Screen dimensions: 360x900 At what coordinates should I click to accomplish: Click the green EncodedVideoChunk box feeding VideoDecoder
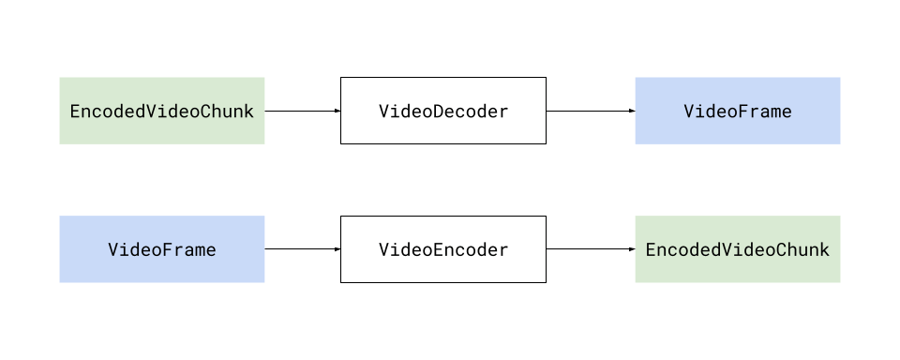pos(162,111)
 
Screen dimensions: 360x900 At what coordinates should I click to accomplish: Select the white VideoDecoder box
pos(442,111)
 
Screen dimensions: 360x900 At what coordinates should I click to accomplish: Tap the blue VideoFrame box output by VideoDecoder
pos(737,111)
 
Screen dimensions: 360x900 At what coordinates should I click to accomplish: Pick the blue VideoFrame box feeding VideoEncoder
pos(162,249)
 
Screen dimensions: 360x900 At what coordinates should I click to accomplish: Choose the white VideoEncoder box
pos(442,249)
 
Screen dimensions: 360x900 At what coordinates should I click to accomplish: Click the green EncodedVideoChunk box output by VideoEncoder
pos(737,249)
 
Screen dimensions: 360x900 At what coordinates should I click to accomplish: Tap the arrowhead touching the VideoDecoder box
pos(337,111)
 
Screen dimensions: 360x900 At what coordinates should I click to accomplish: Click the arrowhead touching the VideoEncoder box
pos(337,249)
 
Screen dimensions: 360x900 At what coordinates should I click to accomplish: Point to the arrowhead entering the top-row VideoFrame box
pos(632,111)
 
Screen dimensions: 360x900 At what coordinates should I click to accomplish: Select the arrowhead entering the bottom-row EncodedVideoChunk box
pos(632,249)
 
